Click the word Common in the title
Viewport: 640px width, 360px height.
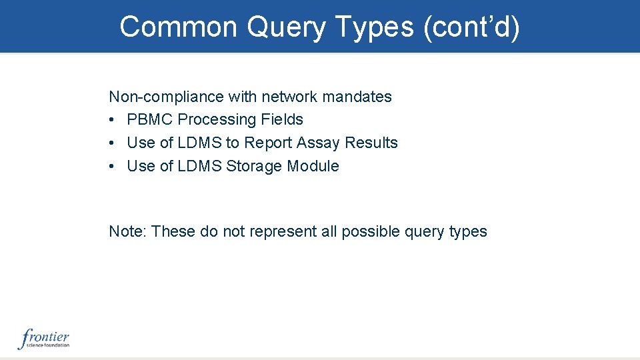[179, 27]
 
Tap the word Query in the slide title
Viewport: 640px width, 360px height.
[287, 27]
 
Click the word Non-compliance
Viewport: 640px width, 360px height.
[167, 97]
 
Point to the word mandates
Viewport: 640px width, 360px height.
[357, 97]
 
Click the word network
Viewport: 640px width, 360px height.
[289, 97]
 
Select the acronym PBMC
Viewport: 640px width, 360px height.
[150, 120]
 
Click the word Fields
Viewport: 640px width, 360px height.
[282, 120]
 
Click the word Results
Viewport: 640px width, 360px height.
[371, 143]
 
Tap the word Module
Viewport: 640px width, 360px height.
[313, 167]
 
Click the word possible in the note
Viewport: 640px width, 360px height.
[371, 232]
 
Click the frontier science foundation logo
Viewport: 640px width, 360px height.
[44, 339]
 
